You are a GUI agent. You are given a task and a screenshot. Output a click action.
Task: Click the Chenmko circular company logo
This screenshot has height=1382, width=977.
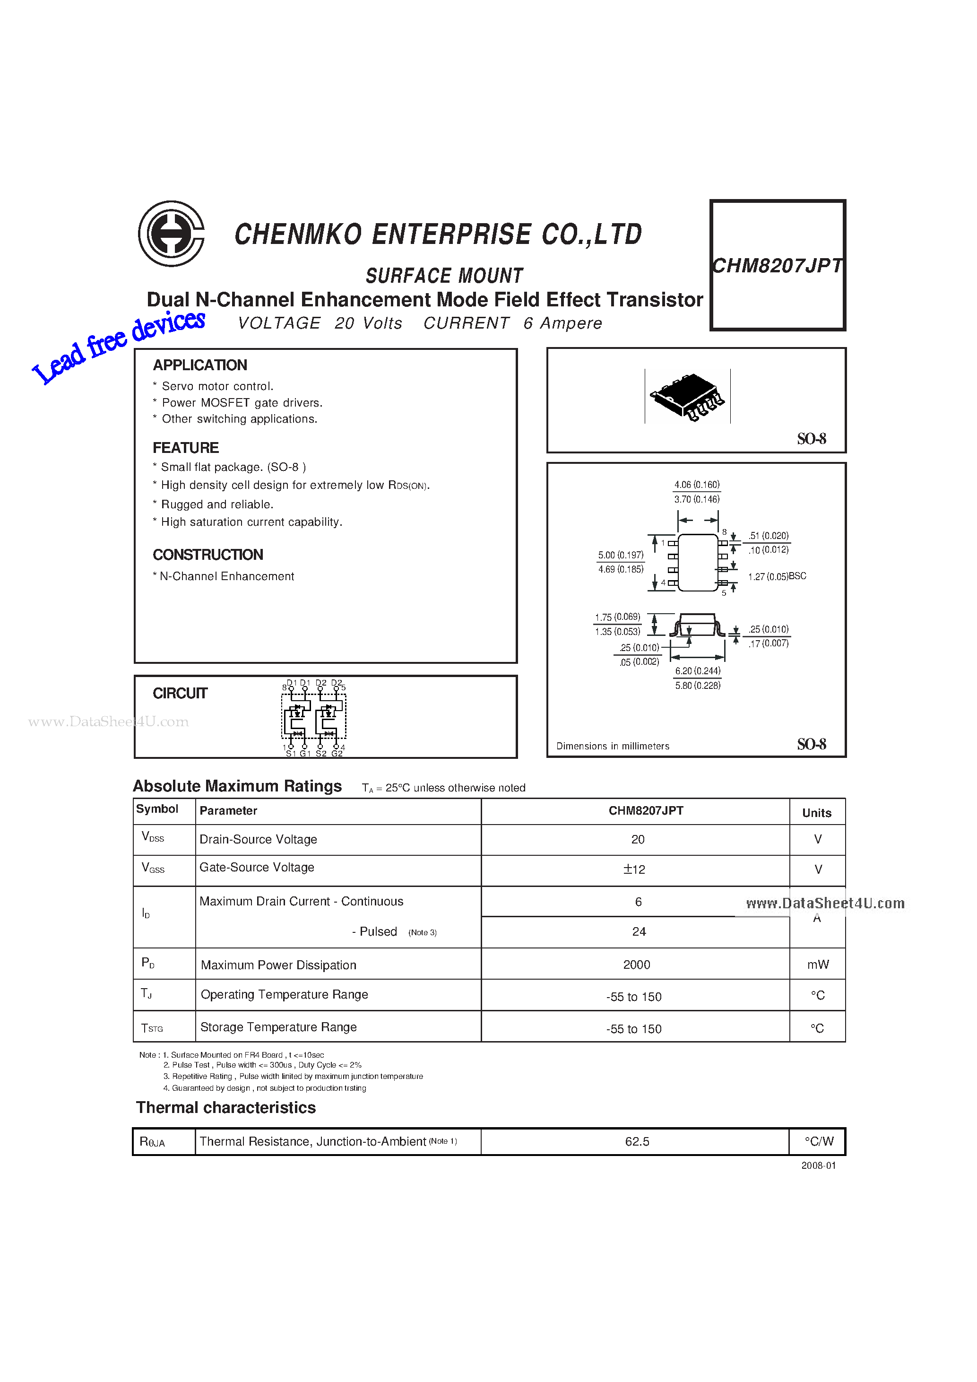(x=172, y=234)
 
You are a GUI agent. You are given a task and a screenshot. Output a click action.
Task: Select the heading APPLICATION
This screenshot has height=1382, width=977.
(x=200, y=365)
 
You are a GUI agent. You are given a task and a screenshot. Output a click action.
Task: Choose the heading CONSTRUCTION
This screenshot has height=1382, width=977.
(x=208, y=555)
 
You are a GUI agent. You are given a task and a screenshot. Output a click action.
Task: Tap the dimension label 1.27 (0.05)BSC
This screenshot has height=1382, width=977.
(x=777, y=577)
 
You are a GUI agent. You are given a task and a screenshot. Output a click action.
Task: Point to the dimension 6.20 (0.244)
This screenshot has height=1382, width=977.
(x=697, y=671)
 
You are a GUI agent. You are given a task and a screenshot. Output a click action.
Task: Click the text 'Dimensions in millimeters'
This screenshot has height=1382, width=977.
(x=613, y=747)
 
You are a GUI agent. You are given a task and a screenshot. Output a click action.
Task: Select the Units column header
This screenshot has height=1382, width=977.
(x=816, y=813)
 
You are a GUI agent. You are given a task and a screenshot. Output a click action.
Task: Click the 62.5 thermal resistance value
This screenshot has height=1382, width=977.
(x=637, y=1142)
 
